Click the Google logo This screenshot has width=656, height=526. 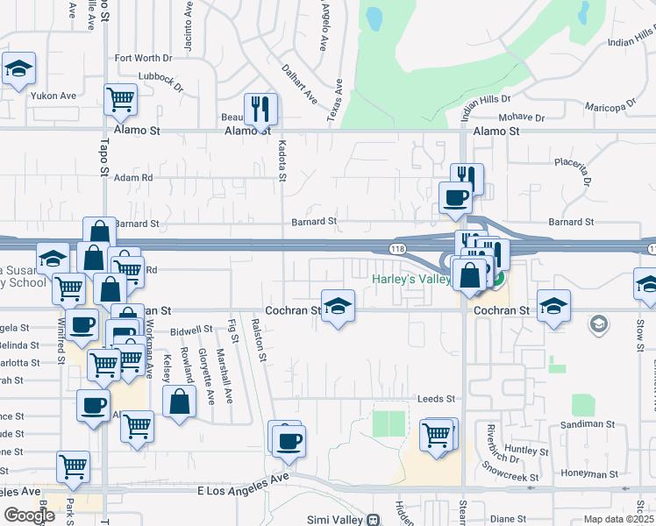coord(29,515)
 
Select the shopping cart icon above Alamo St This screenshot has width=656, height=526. coord(121,99)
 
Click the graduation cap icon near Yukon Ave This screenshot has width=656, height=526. coord(18,71)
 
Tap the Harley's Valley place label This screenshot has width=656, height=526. coord(410,280)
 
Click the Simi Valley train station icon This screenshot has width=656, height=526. coord(373,520)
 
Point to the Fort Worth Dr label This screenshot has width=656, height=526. coord(144,59)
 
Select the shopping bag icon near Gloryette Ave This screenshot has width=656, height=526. coord(179,402)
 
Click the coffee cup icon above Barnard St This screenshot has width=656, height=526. coord(455,197)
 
